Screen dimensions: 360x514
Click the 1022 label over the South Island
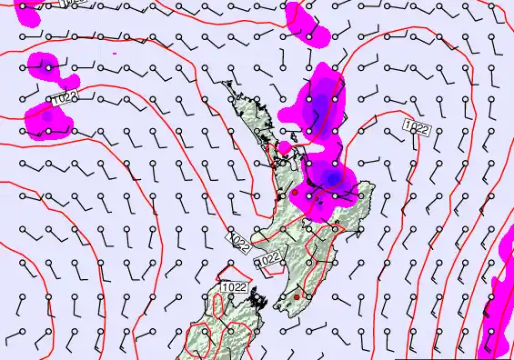[233, 288]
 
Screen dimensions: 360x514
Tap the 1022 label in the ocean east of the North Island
[417, 127]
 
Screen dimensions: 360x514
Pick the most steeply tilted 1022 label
[239, 242]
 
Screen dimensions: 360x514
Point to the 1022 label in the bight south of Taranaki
[267, 259]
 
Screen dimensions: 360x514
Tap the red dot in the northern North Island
[294, 192]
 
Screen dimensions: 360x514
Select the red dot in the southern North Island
[297, 296]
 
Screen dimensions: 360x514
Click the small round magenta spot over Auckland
[285, 146]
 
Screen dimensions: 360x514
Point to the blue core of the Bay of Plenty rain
[332, 176]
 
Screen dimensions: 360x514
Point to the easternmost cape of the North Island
[374, 190]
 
